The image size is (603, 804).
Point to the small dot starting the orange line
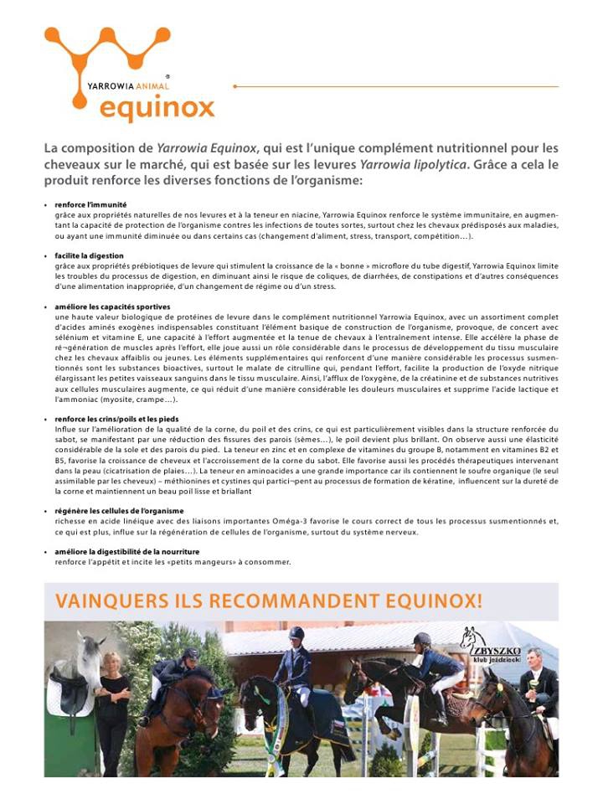point(235,86)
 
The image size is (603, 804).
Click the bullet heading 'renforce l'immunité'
point(91,204)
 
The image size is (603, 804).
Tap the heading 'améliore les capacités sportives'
point(112,307)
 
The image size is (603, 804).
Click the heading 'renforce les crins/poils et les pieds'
point(116,418)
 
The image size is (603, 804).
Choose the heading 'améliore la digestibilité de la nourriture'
point(126,551)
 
